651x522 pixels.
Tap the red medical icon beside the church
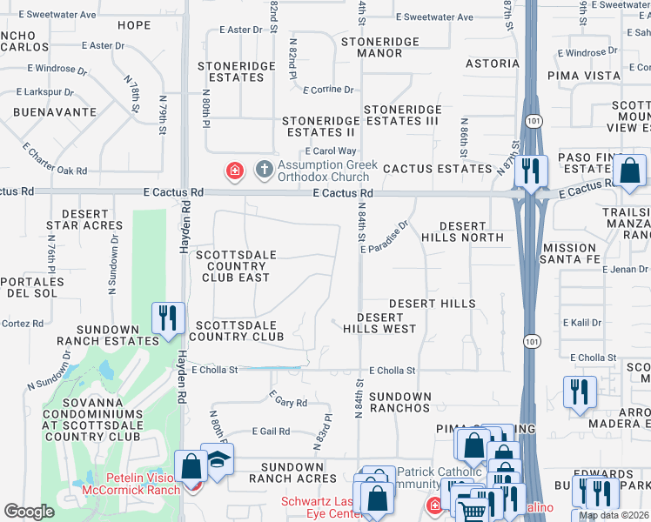[234, 171]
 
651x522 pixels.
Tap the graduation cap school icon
[217, 458]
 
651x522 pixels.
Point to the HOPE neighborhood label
[134, 25]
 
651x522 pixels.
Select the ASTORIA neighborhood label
[493, 64]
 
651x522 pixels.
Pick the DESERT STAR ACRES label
[85, 219]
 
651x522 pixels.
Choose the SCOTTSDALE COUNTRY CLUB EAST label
[233, 265]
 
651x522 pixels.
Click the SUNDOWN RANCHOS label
[399, 402]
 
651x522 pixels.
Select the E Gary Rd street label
[287, 403]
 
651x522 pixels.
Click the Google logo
[30, 512]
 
